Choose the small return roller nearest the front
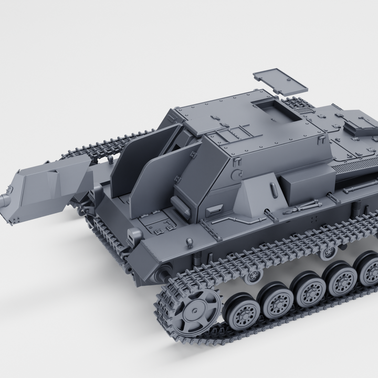click(x=255, y=275)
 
